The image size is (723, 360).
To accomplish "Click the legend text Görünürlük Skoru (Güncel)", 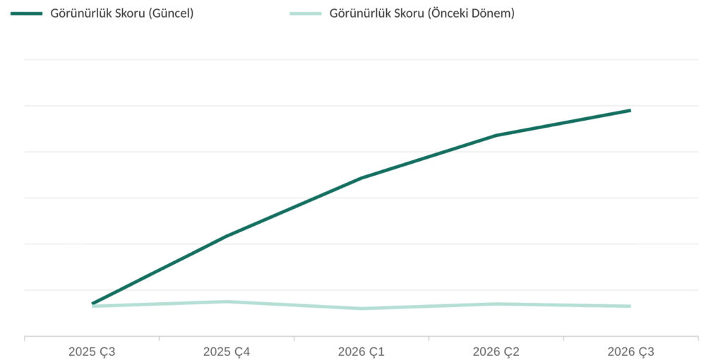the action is [x=121, y=14].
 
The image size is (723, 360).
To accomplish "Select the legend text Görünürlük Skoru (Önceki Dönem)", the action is [x=422, y=14].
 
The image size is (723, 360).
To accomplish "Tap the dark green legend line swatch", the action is [x=26, y=14].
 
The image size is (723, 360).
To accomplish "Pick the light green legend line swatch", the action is [x=306, y=14].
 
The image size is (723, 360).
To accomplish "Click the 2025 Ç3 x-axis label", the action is [x=92, y=352].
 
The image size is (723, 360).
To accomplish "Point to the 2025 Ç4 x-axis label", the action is [x=227, y=352].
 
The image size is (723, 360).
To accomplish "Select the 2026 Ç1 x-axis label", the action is [x=361, y=352].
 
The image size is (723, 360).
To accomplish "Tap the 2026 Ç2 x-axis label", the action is [x=496, y=352].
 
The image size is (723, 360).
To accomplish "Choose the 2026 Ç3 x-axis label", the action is [x=631, y=352].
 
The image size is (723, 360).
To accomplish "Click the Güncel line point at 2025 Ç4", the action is [x=227, y=236].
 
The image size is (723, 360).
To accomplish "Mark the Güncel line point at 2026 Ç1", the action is [x=361, y=178].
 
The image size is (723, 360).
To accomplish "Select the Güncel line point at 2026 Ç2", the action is [x=496, y=136].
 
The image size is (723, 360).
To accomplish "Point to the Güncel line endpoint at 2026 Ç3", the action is [x=631, y=111].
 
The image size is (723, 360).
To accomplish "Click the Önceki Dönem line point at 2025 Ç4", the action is [x=227, y=302].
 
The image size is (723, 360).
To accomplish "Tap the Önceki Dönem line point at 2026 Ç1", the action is [x=361, y=308].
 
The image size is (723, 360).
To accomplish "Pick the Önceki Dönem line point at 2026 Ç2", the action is [x=496, y=304].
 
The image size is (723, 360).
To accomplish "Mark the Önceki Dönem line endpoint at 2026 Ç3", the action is [x=631, y=306].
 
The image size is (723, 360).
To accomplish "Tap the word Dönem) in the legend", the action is [x=496, y=14].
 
